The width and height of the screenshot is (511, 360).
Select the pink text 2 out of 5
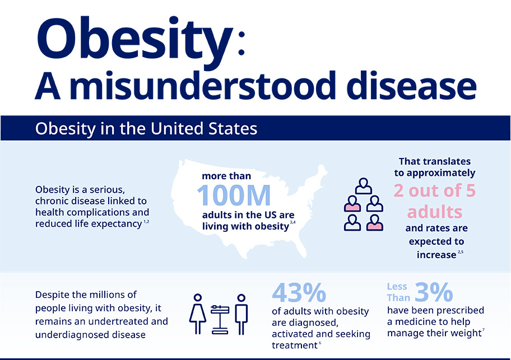coord(434,191)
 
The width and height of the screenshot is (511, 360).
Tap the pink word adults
coord(434,212)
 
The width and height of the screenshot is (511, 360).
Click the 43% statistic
coord(299,293)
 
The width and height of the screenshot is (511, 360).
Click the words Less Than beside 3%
coord(398,292)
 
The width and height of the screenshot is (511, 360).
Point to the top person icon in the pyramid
coord(364,185)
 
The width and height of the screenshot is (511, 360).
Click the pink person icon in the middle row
coord(352,204)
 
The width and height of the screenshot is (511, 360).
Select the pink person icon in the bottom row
coord(374,222)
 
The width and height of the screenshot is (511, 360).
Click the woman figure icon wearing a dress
coord(199,314)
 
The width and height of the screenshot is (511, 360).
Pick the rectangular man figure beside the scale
coord(241,314)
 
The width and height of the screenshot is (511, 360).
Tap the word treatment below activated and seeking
coord(294,345)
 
